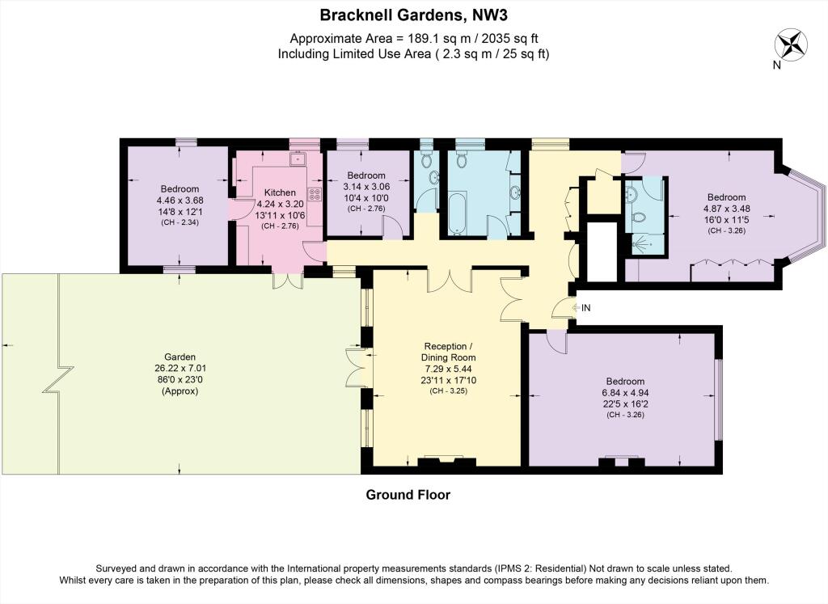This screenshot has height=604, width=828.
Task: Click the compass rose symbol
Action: (x=791, y=44)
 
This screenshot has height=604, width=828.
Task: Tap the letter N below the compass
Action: (x=777, y=65)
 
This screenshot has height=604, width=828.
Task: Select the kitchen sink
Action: (x=298, y=158)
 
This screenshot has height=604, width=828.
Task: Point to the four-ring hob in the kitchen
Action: (x=315, y=194)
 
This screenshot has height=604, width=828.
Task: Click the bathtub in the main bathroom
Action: (x=458, y=213)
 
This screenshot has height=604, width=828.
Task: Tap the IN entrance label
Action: (x=585, y=307)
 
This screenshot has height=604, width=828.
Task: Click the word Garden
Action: (x=180, y=357)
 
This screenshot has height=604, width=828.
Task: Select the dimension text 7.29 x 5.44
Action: (x=448, y=369)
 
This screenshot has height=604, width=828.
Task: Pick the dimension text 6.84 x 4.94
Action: (x=625, y=393)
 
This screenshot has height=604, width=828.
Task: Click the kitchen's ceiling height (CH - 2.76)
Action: (x=280, y=226)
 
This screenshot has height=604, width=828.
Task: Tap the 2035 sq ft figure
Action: (x=511, y=38)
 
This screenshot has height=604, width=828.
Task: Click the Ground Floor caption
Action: (x=408, y=495)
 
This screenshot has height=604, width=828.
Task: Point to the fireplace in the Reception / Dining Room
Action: (x=446, y=462)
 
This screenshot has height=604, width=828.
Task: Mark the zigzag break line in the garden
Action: (x=58, y=379)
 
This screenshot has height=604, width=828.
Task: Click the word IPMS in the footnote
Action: (x=509, y=568)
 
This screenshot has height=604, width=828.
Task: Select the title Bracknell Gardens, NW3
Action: (x=414, y=15)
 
